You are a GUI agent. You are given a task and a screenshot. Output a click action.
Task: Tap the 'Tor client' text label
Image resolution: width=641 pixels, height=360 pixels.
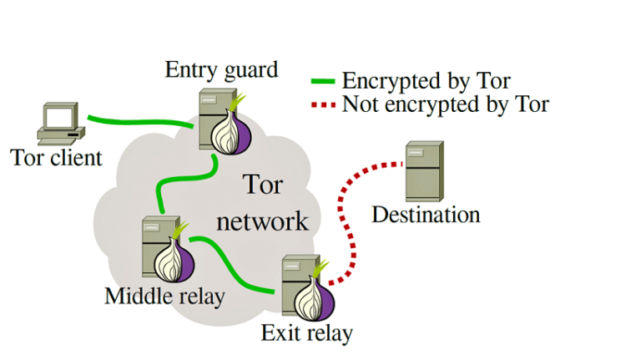tap(56, 157)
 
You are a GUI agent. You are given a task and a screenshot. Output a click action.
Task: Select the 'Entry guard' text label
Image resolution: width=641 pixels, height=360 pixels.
tap(221, 69)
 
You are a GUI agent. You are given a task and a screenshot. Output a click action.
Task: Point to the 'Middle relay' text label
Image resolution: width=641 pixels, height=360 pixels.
tap(165, 296)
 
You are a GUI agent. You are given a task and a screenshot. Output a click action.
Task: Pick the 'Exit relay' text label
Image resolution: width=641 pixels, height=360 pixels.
tap(306, 333)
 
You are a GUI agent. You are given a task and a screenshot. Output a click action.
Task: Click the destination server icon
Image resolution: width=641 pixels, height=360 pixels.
tap(424, 171)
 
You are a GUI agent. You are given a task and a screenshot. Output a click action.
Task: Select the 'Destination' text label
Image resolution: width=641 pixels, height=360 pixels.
tap(426, 215)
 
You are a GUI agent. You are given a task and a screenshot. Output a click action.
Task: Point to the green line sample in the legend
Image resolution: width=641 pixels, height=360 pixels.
tap(323, 82)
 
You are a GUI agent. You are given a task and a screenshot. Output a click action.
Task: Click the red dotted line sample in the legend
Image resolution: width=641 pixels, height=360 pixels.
tap(323, 105)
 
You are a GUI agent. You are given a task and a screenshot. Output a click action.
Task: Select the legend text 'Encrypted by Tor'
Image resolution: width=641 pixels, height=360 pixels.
tap(426, 81)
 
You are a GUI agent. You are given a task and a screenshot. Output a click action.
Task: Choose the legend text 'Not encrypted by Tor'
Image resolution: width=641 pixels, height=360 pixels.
tap(445, 104)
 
